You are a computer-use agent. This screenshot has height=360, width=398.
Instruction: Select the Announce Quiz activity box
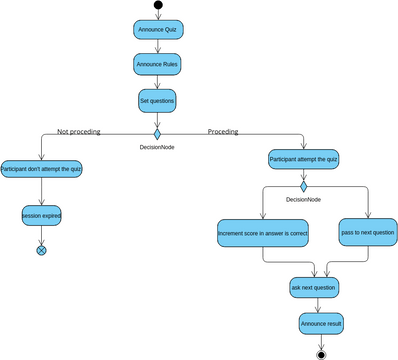pyautogui.click(x=158, y=29)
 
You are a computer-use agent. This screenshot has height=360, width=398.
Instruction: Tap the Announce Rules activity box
pyautogui.click(x=158, y=64)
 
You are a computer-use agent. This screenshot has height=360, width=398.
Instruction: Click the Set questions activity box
pyautogui.click(x=158, y=100)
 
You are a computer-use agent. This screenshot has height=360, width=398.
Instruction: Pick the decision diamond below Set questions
pyautogui.click(x=158, y=133)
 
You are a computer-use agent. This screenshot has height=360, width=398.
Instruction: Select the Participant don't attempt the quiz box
pyautogui.click(x=41, y=169)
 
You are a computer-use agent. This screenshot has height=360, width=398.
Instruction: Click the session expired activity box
pyautogui.click(x=41, y=214)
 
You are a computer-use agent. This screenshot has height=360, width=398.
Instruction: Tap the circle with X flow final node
pyautogui.click(x=41, y=250)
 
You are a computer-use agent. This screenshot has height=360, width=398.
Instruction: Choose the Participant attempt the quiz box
pyautogui.click(x=303, y=158)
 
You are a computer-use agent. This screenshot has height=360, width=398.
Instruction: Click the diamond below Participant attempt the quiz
pyautogui.click(x=303, y=186)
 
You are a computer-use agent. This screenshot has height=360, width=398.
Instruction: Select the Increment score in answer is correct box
pyautogui.click(x=263, y=232)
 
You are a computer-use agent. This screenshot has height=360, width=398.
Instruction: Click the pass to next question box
pyautogui.click(x=368, y=232)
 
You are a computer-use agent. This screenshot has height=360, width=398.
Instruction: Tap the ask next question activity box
pyautogui.click(x=314, y=287)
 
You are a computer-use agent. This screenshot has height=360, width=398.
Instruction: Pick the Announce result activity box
pyautogui.click(x=321, y=323)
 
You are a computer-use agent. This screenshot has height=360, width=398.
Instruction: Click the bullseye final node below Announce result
pyautogui.click(x=321, y=353)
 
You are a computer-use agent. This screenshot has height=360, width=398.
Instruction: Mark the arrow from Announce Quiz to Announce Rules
pyautogui.click(x=158, y=46)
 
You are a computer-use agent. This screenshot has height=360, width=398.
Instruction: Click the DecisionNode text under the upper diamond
pyautogui.click(x=158, y=148)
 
